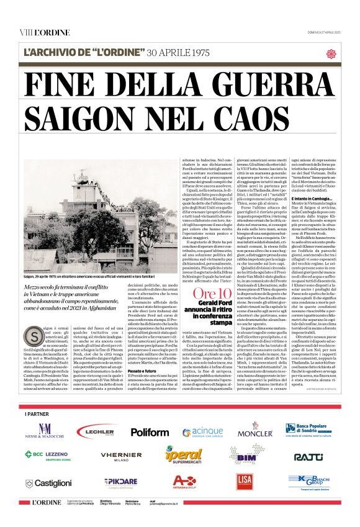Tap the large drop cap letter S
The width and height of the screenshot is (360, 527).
coord(31,336)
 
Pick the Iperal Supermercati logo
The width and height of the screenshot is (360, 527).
coord(184,456)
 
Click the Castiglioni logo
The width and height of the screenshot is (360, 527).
coord(48,482)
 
